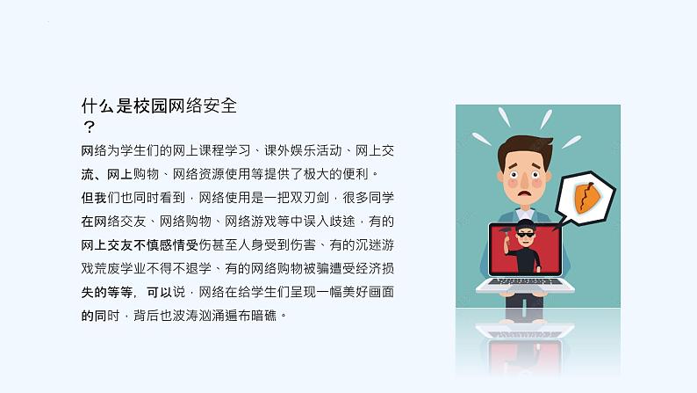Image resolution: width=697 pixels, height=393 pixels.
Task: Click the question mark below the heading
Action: coord(89,127)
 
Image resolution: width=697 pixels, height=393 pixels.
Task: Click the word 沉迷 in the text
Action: coord(368,244)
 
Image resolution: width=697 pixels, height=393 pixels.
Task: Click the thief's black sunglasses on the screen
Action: coord(526,235)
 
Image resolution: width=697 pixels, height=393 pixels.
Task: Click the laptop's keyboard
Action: coord(525,281)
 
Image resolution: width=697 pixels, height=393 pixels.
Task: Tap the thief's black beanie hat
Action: coord(526,224)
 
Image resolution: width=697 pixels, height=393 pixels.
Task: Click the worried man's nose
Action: coord(525,180)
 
